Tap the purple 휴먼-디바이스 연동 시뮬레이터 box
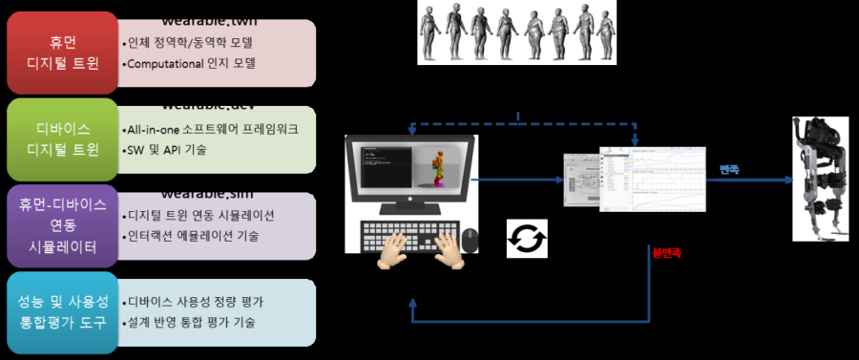[x=61, y=226]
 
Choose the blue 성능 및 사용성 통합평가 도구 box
[x=61, y=312]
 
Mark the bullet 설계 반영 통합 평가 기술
[x=190, y=322]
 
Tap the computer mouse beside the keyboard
[x=469, y=239]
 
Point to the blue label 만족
[x=728, y=170]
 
